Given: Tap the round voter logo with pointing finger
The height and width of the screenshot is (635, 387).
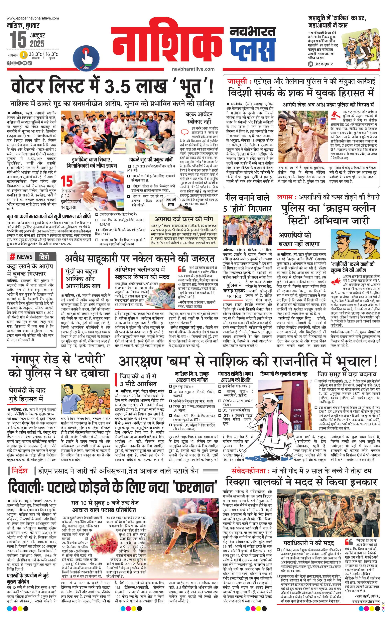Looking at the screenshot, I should click(x=86, y=58).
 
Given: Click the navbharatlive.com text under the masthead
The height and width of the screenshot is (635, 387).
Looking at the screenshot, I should click(x=193, y=69).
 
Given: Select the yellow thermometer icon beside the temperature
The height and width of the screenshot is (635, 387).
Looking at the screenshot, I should click(x=24, y=55).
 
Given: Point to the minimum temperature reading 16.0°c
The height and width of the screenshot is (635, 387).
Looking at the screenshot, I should click(x=52, y=54).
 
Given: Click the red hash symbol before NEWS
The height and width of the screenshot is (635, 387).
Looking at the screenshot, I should click(x=12, y=257).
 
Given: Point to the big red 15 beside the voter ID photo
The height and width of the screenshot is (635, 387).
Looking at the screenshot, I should click(x=67, y=181).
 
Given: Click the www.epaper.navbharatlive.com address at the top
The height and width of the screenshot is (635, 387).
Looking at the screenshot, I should click(x=33, y=18).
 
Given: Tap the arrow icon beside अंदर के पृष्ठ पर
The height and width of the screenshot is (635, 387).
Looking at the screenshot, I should click(x=310, y=64).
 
